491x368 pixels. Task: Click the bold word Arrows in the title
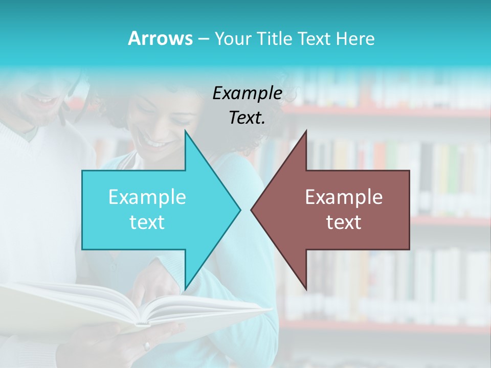[160, 38]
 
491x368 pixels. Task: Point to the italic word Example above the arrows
[247, 93]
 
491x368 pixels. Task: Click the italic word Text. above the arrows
[247, 118]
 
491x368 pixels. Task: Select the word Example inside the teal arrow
[147, 197]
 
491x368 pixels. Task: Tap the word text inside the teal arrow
[147, 222]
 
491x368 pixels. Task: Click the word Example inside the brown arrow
[344, 197]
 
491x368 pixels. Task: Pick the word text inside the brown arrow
[344, 222]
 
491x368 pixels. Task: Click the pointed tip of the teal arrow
[240, 210]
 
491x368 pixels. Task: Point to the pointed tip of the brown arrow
[252, 210]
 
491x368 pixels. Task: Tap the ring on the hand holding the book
[147, 346]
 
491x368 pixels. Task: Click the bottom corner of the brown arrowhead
[306, 288]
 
